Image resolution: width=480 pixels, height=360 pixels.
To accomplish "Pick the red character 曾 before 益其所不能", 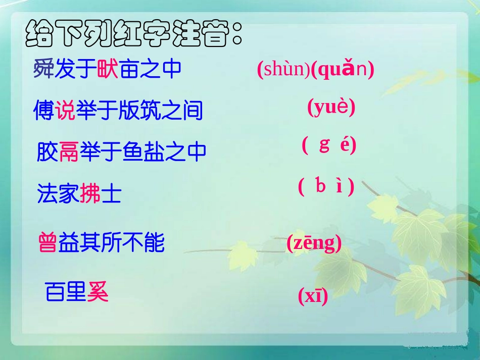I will [x=48, y=243].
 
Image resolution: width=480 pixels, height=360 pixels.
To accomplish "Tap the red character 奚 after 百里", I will [x=98, y=292].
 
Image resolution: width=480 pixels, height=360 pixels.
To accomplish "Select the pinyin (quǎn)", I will [x=343, y=70].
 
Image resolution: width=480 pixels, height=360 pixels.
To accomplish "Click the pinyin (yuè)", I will [x=331, y=107].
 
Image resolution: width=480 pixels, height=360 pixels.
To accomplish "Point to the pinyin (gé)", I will [x=329, y=145].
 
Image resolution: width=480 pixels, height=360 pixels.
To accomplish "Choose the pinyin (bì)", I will [x=326, y=187].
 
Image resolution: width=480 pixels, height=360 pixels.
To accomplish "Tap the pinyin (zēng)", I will [x=314, y=243].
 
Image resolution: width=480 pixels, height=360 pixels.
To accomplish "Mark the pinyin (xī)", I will [x=313, y=296].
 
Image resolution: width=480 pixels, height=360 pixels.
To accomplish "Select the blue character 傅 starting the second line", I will [x=43, y=110].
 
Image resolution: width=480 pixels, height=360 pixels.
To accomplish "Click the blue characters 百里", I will [x=66, y=292].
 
